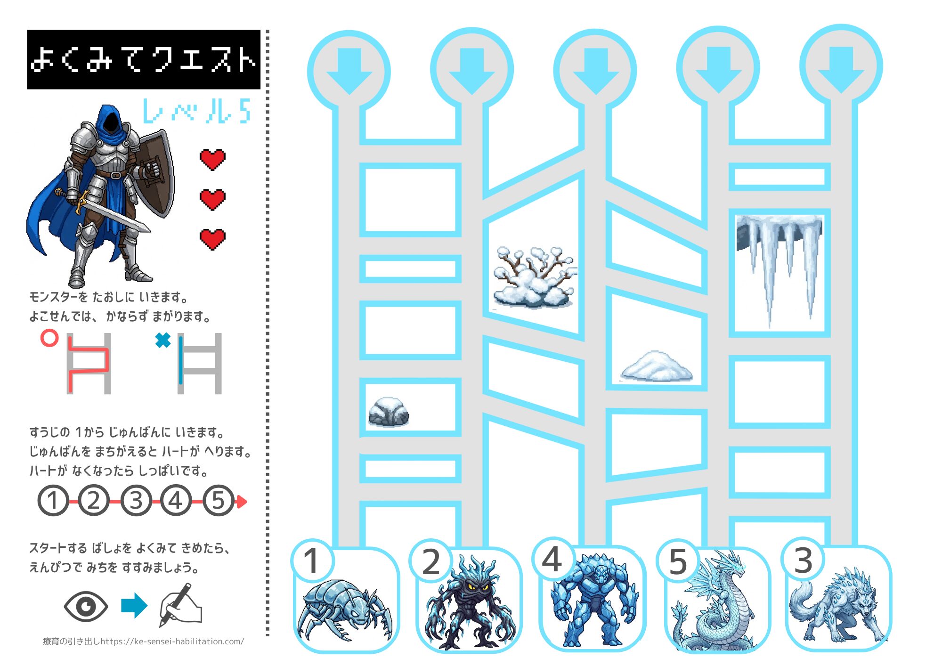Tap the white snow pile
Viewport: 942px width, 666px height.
[x=657, y=366]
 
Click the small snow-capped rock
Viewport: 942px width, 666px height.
[x=388, y=412]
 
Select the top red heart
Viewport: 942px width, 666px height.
[x=212, y=160]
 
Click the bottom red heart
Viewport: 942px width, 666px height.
[x=212, y=239]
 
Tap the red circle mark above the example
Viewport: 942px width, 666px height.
[x=49, y=338]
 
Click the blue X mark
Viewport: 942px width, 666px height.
[x=163, y=340]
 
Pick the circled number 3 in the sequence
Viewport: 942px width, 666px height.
[x=136, y=500]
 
